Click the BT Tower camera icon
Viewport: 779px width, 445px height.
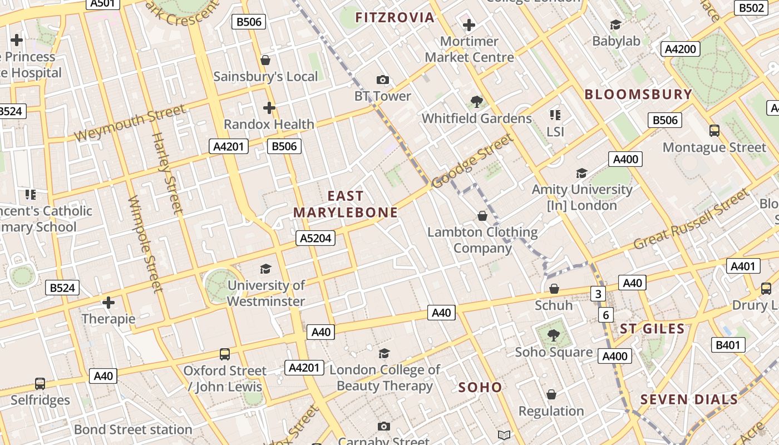click(383, 80)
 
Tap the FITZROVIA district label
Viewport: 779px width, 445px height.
click(395, 17)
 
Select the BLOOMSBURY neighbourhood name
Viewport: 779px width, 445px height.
click(638, 94)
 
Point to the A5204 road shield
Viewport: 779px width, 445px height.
click(315, 238)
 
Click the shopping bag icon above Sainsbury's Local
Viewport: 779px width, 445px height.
click(265, 60)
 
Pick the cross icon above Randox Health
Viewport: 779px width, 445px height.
click(269, 107)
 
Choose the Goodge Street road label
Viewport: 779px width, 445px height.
click(472, 161)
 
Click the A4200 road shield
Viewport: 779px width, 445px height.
click(681, 49)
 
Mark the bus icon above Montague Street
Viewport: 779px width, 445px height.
click(714, 131)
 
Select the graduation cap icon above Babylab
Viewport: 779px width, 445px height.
click(615, 25)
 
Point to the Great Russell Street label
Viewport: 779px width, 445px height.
click(692, 219)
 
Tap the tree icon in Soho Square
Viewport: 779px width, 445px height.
click(553, 335)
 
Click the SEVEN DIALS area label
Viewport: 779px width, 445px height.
click(689, 399)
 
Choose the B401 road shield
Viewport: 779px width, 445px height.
click(728, 345)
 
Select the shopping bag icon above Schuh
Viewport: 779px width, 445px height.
click(554, 289)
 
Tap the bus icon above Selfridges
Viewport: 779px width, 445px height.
click(40, 383)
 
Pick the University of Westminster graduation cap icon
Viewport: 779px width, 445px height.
click(266, 269)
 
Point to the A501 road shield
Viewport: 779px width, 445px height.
click(102, 3)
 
